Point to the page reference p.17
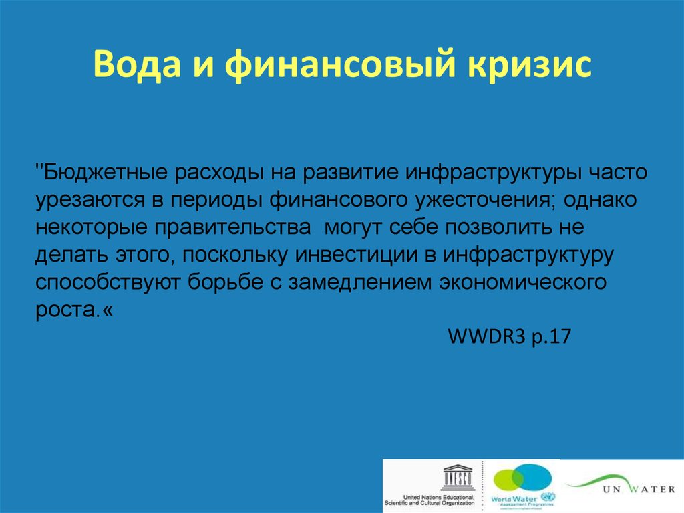tap(550, 337)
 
